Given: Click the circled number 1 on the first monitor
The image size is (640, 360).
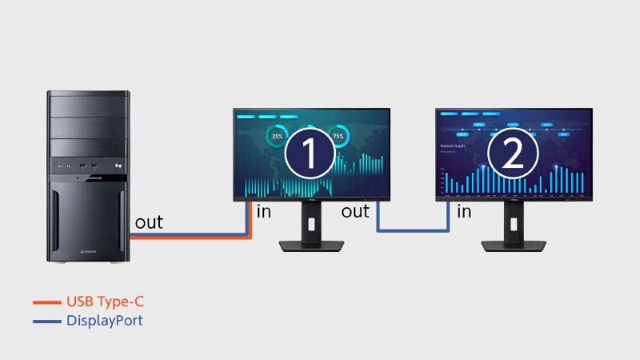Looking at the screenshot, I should pos(310,153).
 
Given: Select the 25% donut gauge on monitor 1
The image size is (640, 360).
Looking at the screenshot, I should pos(278,137).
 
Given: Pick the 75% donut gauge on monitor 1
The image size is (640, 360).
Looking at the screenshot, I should pos(338,137).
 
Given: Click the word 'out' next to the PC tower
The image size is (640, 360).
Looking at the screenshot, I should pos(149,222).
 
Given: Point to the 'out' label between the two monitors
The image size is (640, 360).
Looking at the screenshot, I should pos(355,212).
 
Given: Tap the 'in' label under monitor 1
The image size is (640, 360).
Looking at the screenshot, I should pos(264,212).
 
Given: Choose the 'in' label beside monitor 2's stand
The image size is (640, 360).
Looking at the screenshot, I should pos(464,212).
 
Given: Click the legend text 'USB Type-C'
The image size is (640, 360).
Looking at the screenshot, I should pos(107,302).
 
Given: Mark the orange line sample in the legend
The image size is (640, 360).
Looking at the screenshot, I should pos(46,302).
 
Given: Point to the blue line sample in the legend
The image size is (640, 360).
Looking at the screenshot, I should pos(46,321).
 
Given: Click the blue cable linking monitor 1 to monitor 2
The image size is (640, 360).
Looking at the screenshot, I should pos(411,231).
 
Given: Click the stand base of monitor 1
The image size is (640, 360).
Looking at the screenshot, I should pos(311,246).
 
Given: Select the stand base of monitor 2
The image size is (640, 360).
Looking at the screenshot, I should pos(513,246).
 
